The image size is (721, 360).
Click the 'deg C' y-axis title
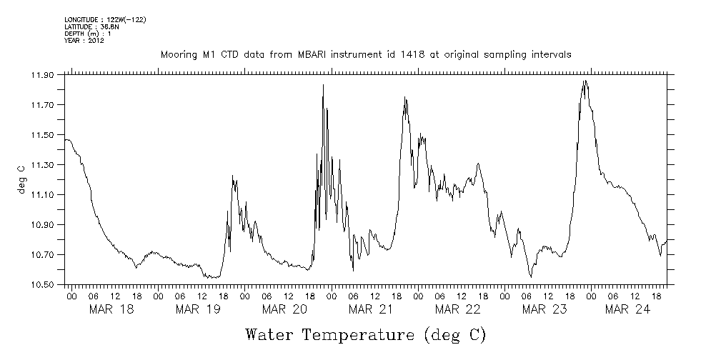[x=21, y=180]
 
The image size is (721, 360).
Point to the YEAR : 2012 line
[x=84, y=41]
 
